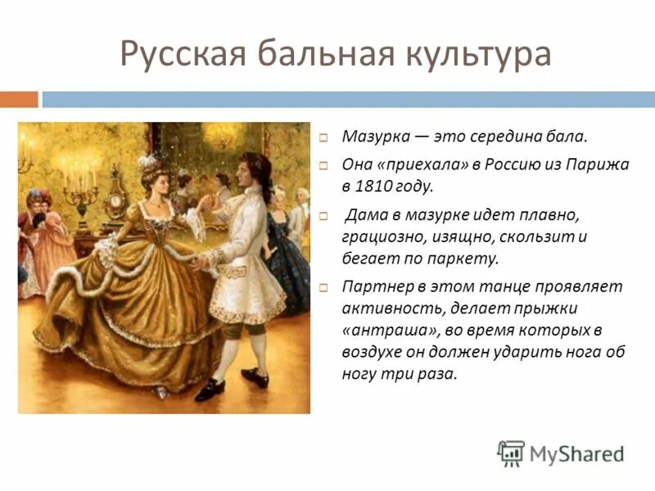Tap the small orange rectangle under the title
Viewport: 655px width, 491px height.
coord(19,99)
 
